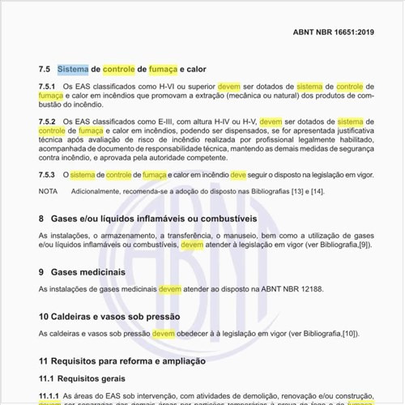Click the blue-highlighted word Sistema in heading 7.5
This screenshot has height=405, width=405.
point(73,70)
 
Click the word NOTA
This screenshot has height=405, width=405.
point(48,191)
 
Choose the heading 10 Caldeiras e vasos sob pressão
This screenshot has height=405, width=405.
point(109,317)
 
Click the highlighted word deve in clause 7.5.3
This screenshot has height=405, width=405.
point(238,174)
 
